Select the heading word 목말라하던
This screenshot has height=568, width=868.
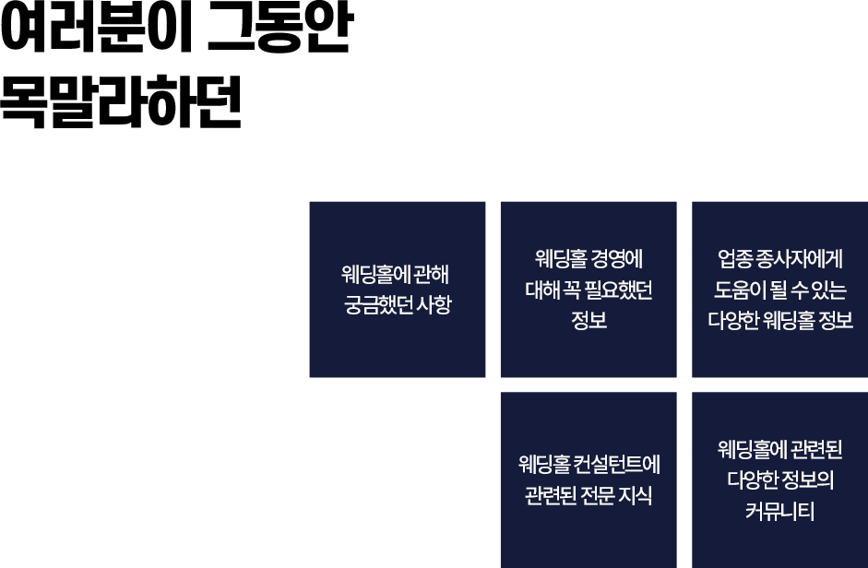121,101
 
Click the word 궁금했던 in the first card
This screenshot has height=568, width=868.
378,305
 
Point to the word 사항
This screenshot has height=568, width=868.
434,305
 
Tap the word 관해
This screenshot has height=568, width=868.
431,275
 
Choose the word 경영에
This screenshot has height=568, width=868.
616,259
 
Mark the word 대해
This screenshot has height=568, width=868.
542,290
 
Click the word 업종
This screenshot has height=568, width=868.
735,259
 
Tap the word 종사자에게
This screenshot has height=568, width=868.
800,259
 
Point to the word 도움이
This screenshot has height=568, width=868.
740,290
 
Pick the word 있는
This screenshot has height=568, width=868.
829,290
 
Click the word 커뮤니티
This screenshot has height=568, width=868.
780,511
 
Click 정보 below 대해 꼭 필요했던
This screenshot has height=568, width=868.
589,320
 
